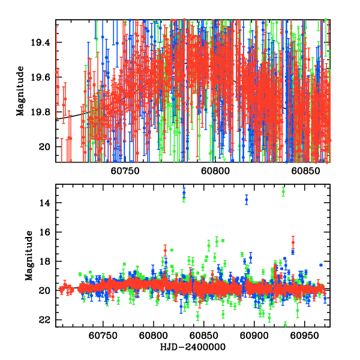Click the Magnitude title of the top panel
20,91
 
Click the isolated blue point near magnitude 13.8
246,199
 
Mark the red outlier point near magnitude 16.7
293,242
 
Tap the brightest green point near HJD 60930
283,191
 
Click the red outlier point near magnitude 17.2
165,249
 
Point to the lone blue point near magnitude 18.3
321,265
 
